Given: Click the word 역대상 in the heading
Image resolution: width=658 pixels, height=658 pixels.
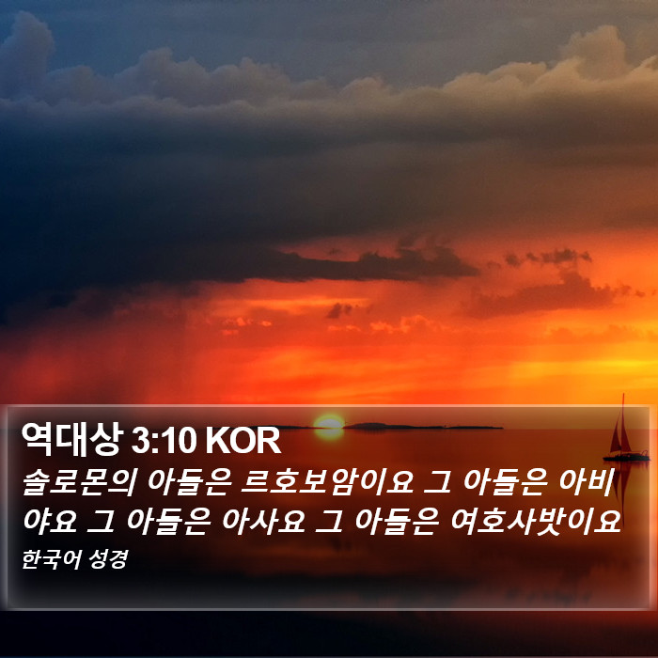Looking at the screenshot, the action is (x=71, y=439).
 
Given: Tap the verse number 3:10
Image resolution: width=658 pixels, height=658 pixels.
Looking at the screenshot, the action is (x=164, y=441).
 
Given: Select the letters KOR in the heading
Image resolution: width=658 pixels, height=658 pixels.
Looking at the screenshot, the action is (x=243, y=441).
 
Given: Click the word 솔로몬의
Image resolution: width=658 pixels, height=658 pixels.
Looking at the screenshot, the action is (x=79, y=482).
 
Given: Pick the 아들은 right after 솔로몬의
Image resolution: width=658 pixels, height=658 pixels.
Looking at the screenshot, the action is (x=189, y=482).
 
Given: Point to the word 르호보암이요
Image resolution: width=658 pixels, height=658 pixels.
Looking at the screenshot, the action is (x=327, y=482).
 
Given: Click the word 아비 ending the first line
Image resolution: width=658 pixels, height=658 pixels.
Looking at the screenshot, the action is (x=587, y=482).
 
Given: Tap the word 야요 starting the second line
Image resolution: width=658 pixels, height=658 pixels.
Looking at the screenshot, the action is (x=50, y=521).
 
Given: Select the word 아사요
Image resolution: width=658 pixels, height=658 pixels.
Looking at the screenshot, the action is (x=263, y=521).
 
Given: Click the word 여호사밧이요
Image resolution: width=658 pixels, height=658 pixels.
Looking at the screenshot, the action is (x=536, y=521).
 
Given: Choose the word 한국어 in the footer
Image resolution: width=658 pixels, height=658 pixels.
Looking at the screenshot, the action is (x=51, y=559).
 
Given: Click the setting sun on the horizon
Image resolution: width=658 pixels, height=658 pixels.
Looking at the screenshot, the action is (x=329, y=422).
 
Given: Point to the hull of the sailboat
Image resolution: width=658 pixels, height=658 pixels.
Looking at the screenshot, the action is (x=626, y=457).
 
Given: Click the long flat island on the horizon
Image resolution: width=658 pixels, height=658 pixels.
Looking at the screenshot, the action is (x=423, y=427).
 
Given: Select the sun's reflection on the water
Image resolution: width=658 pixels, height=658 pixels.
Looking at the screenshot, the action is (x=329, y=433).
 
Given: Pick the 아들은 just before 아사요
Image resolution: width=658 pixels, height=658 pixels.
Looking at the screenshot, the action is (x=168, y=521).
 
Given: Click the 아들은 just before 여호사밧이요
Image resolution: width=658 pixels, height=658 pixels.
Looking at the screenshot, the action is (x=397, y=521).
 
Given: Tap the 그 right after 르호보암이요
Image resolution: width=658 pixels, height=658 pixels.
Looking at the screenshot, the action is (x=437, y=482).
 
